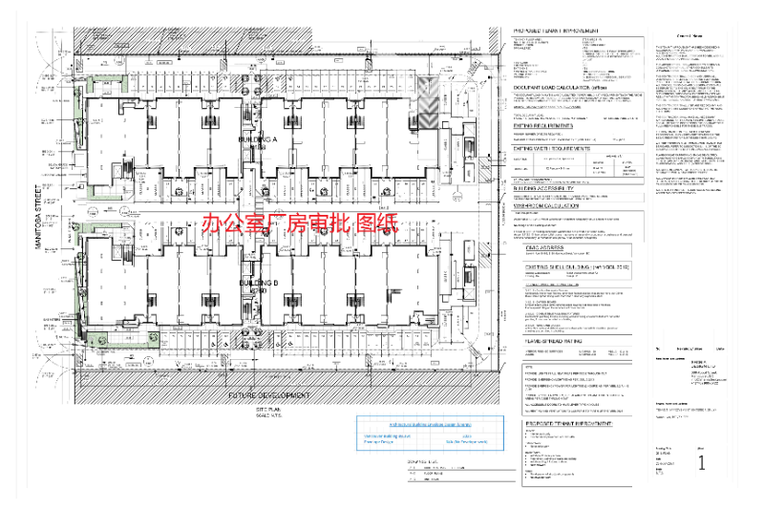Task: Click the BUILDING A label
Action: [257, 139]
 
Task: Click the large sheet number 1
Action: [702, 463]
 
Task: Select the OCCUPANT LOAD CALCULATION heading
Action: [562, 88]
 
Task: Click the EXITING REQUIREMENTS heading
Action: [548, 124]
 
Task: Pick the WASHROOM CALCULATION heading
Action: [556, 204]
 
